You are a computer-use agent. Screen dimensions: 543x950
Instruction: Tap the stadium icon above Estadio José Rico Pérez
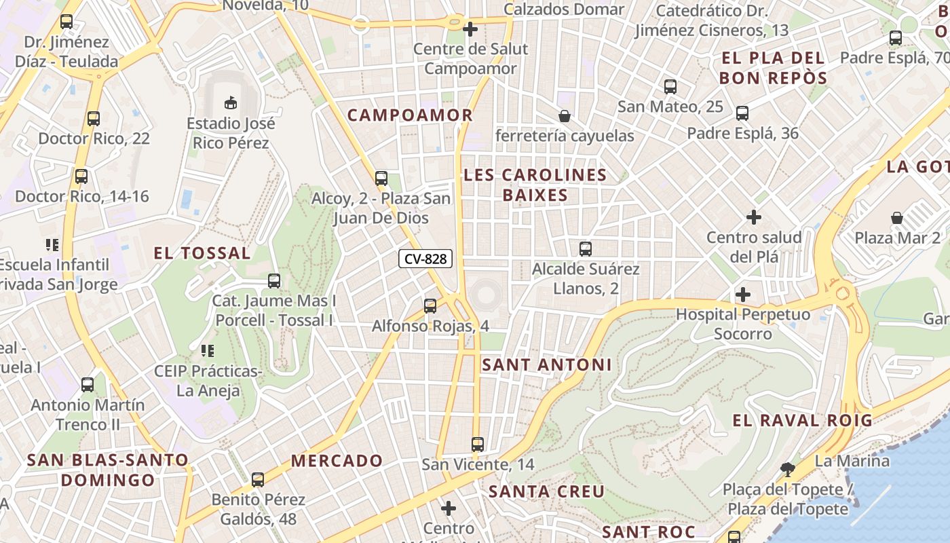coord(231,102)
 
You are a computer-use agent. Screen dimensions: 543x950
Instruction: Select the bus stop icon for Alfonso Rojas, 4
coord(430,306)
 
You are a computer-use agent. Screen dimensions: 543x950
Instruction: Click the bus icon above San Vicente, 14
coord(478,445)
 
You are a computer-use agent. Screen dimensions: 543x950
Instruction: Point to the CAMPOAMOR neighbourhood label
coord(410,115)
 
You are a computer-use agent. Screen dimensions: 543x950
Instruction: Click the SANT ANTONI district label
coord(546,364)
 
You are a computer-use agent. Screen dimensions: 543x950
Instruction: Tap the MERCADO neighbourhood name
coord(337,460)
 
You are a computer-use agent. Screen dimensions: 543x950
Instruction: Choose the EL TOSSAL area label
coord(202,253)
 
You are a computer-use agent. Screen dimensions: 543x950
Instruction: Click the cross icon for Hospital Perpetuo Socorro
coord(743,295)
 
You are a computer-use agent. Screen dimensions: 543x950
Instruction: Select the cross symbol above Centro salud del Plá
coord(753,217)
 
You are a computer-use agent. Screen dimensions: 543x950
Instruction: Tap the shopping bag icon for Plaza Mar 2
coord(897,218)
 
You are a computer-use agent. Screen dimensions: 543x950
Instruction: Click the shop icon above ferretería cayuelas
coord(564,116)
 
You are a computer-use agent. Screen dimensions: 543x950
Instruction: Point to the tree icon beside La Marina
coord(787,468)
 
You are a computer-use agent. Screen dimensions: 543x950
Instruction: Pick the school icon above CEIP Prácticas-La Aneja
coord(207,351)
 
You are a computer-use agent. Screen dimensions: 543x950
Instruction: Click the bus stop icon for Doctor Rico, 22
coord(94,119)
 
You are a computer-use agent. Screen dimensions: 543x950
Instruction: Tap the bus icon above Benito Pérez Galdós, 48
coord(258,480)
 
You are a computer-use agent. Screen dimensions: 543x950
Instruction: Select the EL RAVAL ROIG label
coord(802,420)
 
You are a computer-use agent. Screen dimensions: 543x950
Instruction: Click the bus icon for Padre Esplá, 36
coord(742,113)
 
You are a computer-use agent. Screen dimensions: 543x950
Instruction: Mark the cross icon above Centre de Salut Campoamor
coord(470,29)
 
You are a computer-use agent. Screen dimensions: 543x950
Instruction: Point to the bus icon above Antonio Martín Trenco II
coord(88,385)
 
